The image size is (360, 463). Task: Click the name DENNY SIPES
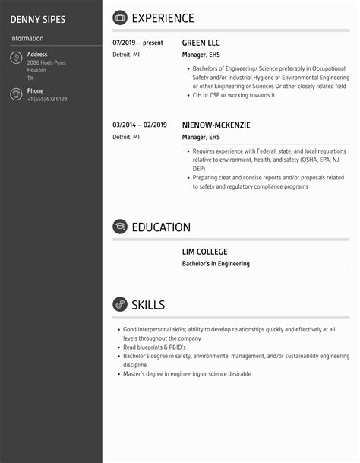coord(38,19)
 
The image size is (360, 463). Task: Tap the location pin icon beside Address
coord(16,59)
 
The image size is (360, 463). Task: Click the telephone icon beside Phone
coord(16,94)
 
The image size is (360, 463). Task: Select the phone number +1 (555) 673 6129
coord(47,100)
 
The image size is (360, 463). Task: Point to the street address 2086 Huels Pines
coord(46,62)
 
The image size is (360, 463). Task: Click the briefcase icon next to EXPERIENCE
coord(120,18)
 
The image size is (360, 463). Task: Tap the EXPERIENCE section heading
coord(163,18)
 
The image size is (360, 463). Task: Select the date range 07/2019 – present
coord(137,43)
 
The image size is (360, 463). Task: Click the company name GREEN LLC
coord(201,43)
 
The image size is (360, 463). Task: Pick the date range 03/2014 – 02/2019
coord(139,125)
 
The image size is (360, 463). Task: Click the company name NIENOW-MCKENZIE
coord(216,125)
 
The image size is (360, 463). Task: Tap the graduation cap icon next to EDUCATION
coord(120,227)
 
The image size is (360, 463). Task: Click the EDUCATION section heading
coord(161,227)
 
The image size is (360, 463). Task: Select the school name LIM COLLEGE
coord(204,252)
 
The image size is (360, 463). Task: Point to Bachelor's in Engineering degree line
coord(216,264)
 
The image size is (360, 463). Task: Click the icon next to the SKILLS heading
coord(120,305)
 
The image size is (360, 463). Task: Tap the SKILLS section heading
coord(148,305)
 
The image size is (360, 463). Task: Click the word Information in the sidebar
coord(27,39)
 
